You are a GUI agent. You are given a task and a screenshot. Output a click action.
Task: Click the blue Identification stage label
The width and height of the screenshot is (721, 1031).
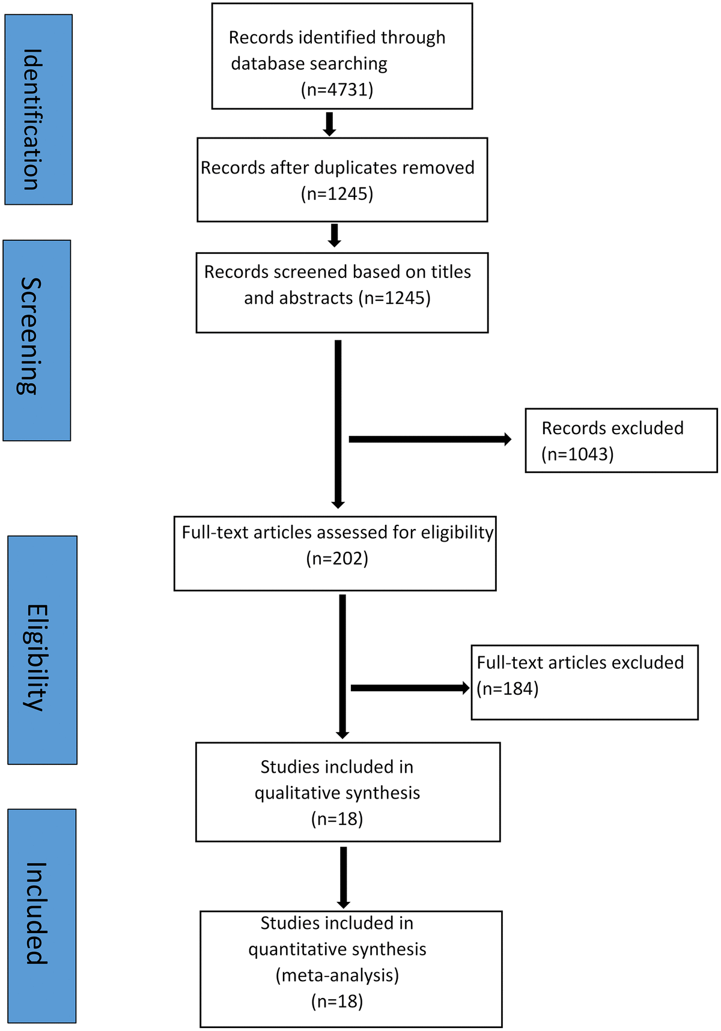tap(38, 110)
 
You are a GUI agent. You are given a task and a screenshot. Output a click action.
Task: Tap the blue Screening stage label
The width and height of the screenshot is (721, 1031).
tap(37, 340)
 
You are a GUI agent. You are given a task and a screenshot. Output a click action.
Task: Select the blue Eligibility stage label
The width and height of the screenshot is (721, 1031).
tap(42, 650)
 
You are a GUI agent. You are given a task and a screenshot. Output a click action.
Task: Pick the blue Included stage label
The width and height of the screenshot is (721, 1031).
tap(41, 915)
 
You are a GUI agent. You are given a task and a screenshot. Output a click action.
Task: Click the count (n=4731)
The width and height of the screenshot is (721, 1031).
tap(337, 89)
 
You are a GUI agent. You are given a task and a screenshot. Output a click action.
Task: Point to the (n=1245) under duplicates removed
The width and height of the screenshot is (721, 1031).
tap(337, 194)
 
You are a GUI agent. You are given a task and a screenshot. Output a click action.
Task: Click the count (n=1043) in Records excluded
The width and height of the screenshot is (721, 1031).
tap(577, 454)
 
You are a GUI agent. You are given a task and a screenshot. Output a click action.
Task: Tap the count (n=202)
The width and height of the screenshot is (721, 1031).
tap(337, 558)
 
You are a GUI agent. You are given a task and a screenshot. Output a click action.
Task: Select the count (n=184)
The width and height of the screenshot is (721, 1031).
tap(508, 688)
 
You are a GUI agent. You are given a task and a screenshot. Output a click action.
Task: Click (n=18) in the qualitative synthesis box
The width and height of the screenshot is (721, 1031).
tap(337, 819)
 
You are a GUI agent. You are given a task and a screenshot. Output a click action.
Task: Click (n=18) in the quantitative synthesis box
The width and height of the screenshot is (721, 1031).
tap(337, 1001)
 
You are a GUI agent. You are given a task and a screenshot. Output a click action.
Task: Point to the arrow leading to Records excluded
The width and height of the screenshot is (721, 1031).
tap(430, 440)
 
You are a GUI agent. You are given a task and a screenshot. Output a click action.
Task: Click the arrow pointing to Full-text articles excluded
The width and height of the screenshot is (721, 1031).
tap(410, 688)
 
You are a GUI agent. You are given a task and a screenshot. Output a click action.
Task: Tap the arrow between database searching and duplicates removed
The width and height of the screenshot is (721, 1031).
tap(329, 124)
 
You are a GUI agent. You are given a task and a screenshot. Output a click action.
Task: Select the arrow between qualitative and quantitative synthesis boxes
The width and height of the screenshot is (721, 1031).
tap(343, 877)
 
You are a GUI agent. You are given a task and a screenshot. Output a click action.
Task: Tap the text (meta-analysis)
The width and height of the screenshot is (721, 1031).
tap(337, 975)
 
